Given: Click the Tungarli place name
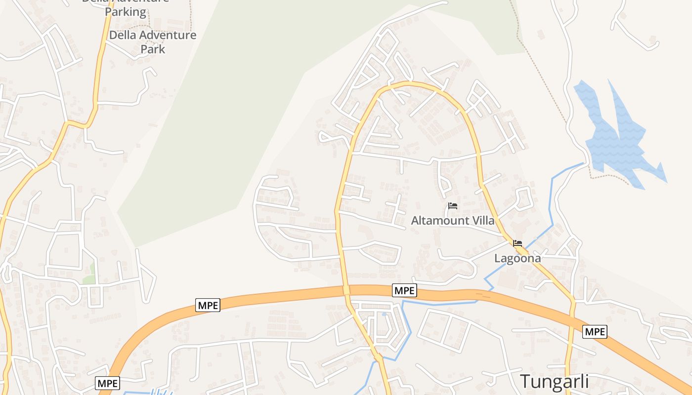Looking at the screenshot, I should [555, 382].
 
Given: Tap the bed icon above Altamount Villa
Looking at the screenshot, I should [452, 206].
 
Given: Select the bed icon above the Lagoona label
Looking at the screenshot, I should [518, 243].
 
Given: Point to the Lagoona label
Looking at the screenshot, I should [518, 258].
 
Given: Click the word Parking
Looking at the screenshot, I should [126, 12].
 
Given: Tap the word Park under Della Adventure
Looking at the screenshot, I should [153, 49].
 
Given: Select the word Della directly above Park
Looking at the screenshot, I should [123, 36].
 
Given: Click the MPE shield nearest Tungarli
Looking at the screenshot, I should [595, 332].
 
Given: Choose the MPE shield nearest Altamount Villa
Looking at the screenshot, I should [404, 291].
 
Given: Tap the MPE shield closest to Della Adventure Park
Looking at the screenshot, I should [208, 305].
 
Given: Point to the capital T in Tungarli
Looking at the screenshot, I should [526, 382].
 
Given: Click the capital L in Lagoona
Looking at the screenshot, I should [497, 258].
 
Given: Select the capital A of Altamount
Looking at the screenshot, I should [415, 221].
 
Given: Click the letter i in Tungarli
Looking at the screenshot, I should [586, 382].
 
